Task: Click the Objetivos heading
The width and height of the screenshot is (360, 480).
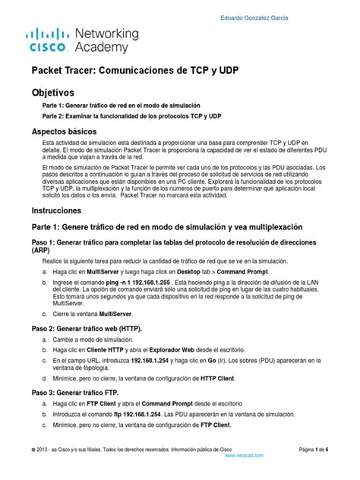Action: (x=55, y=91)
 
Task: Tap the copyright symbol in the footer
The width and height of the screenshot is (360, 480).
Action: (x=34, y=450)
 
